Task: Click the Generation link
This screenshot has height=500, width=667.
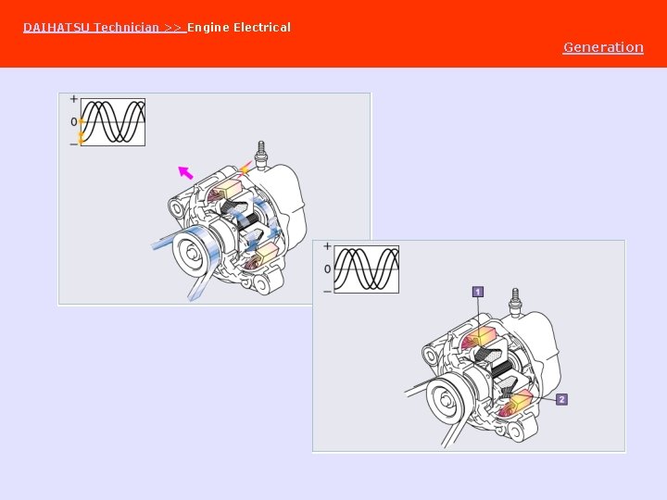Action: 603,47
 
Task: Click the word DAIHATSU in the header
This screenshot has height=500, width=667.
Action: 57,28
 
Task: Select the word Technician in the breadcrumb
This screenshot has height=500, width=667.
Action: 126,28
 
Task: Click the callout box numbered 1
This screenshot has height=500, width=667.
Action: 478,292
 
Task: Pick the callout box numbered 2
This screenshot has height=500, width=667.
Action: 562,399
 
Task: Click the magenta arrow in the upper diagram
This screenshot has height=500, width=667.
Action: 185,172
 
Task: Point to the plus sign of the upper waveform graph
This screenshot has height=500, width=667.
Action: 74,99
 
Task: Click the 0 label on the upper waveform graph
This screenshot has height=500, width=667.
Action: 74,122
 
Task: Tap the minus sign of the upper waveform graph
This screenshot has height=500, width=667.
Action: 74,144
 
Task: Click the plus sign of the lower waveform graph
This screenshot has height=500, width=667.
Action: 327,246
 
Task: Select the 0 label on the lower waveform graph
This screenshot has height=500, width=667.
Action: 327,269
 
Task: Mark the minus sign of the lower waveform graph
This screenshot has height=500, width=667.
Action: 327,292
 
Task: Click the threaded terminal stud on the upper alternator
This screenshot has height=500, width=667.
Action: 260,153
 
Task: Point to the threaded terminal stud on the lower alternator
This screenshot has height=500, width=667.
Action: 515,301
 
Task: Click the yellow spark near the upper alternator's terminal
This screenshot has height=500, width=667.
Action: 245,170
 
